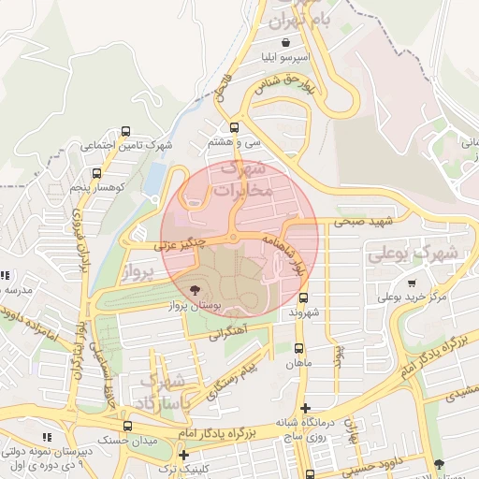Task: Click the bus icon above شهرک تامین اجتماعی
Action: [x=126, y=131]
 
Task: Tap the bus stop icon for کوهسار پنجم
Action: [x=96, y=173]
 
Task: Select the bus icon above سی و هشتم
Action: [x=233, y=128]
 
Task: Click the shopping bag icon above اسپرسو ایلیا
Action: [x=284, y=42]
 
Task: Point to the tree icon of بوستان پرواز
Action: [x=195, y=290]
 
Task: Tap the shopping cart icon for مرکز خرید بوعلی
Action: [x=413, y=283]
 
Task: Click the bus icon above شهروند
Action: [x=301, y=298]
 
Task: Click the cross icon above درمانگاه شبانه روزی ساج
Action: [x=305, y=408]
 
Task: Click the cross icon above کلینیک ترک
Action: [x=196, y=456]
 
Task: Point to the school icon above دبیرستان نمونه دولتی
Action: [x=47, y=437]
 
